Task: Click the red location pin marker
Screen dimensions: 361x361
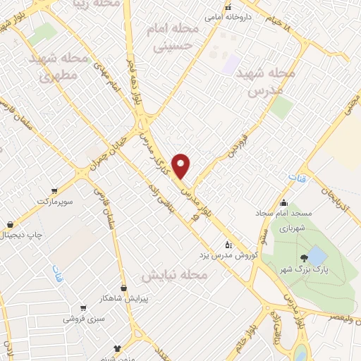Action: tap(182, 165)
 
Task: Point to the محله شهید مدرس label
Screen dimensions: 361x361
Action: tap(264, 82)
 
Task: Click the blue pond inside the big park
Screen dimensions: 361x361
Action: tap(317, 255)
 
